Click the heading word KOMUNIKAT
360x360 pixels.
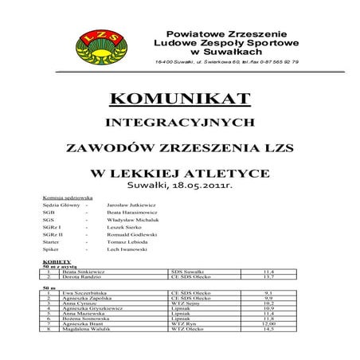coord(180,100)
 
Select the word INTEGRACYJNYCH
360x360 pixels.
coord(180,123)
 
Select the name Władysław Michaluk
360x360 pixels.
coord(133,225)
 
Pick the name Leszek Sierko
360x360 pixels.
coord(125,236)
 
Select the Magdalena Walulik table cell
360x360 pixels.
coord(80,352)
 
